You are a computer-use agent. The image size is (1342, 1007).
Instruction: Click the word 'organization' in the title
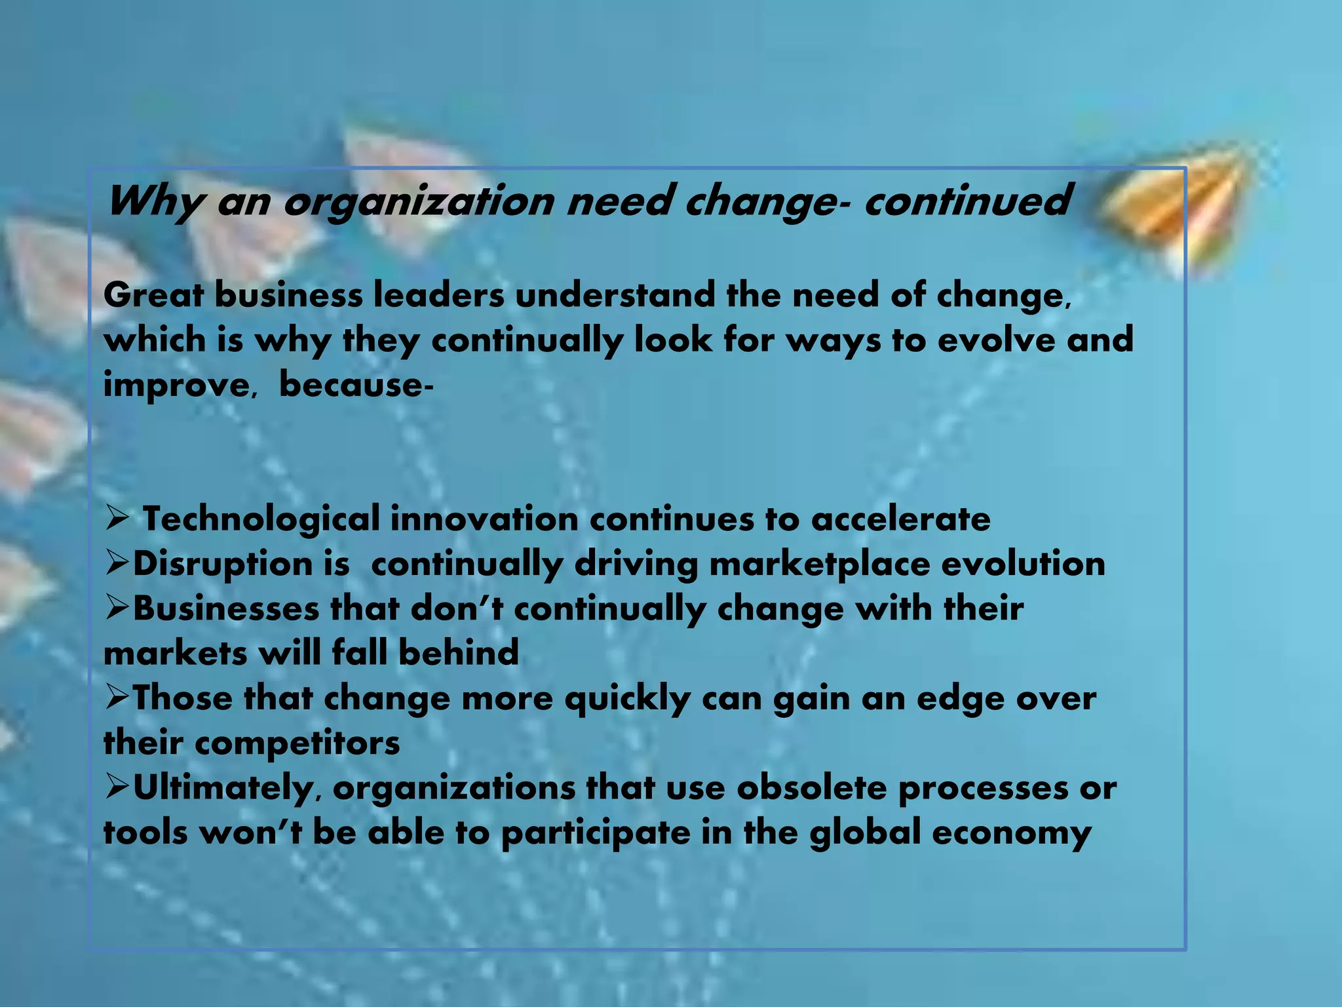click(419, 201)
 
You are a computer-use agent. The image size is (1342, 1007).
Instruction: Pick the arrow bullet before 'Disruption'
click(117, 564)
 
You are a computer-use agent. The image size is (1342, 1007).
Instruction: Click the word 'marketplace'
click(819, 564)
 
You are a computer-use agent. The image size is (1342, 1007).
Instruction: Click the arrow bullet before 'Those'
click(117, 698)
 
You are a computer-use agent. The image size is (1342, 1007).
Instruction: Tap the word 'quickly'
click(627, 699)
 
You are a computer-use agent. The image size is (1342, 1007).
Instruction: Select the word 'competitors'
click(297, 743)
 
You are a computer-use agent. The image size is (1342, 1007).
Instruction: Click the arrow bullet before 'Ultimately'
click(117, 788)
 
